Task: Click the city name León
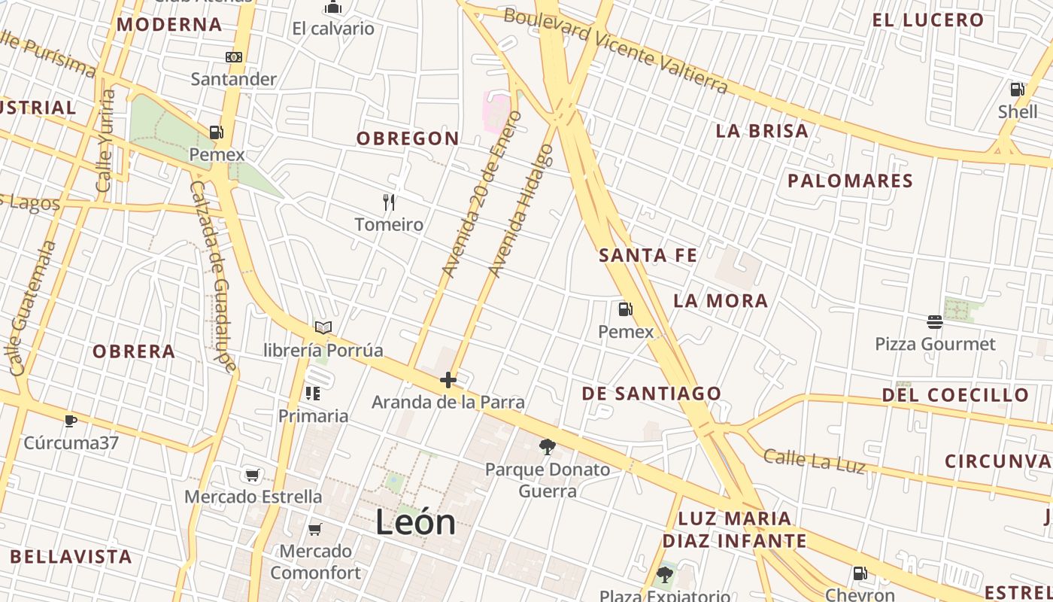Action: coord(415,522)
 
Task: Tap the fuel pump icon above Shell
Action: coord(1017,90)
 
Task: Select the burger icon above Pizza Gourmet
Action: coord(934,322)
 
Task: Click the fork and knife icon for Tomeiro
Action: coord(388,202)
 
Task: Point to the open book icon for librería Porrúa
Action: coord(323,328)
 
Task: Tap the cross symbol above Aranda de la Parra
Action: coord(448,380)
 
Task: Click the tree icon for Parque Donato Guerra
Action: coord(548,447)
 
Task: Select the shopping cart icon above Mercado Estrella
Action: coord(253,475)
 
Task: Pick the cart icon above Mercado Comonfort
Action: coord(315,529)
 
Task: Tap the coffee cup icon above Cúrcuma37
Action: coord(70,421)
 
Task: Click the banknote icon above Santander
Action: coord(234,57)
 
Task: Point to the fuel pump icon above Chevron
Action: coord(860,574)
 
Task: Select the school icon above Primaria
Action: coord(313,394)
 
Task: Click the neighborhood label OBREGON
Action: coord(408,138)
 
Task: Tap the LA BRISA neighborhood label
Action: coord(762,131)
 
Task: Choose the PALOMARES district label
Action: coord(850,181)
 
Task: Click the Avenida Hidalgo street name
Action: coord(521,211)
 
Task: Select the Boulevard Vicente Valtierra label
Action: coord(615,50)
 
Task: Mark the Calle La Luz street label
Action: coord(814,461)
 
